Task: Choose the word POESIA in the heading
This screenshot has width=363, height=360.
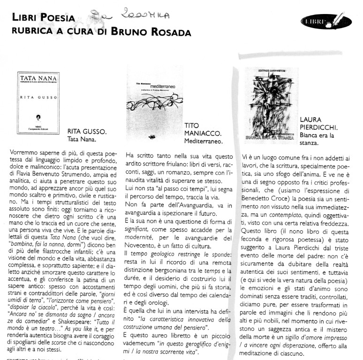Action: pos(58,18)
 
